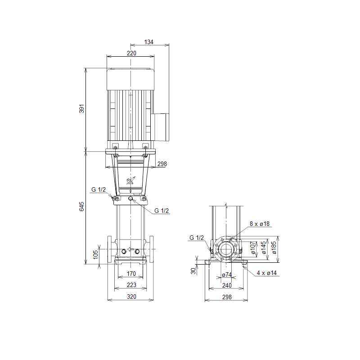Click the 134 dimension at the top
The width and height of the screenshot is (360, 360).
[149, 42]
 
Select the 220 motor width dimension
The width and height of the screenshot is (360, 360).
[131, 53]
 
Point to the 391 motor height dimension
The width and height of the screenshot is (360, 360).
[82, 108]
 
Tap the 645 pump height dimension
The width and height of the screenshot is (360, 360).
[82, 207]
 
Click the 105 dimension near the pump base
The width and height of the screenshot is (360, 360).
[95, 255]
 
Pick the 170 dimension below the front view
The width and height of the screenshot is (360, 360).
[131, 274]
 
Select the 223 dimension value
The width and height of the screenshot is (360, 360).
[131, 285]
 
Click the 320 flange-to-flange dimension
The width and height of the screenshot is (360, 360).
[131, 297]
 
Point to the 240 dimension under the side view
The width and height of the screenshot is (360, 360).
[227, 285]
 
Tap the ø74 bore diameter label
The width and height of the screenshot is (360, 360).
[227, 274]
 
